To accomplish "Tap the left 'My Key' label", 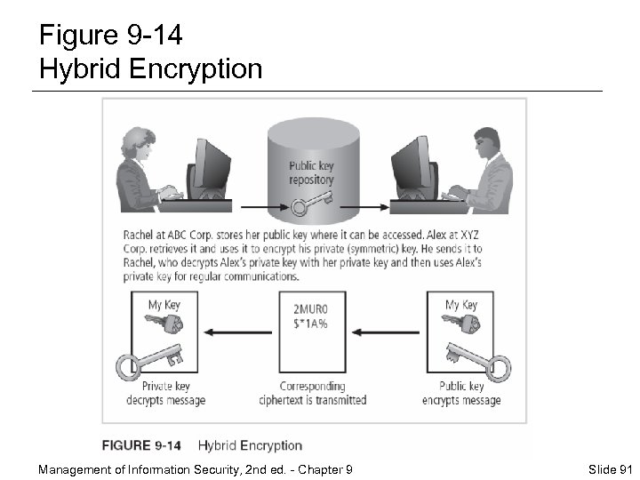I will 164,304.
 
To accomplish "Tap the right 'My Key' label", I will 461,304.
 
